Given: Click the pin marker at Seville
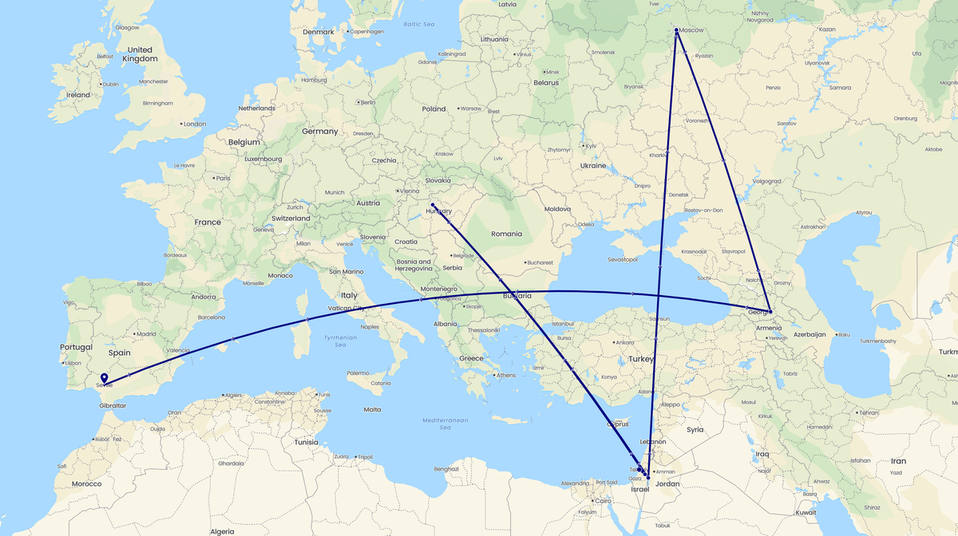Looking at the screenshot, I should pos(105,378).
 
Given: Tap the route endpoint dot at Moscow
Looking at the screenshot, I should pos(676,30).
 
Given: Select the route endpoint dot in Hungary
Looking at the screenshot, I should pos(432,205).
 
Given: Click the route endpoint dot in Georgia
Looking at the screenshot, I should pos(770,311).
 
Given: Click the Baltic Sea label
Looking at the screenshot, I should pos(418,25).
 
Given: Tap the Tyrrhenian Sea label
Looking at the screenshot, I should pos(340,341).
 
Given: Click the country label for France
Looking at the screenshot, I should pos(207,223).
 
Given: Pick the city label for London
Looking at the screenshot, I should pos(194,124).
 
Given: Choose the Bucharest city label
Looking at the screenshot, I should pos(540,262).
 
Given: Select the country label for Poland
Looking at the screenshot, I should pos(434,108).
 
